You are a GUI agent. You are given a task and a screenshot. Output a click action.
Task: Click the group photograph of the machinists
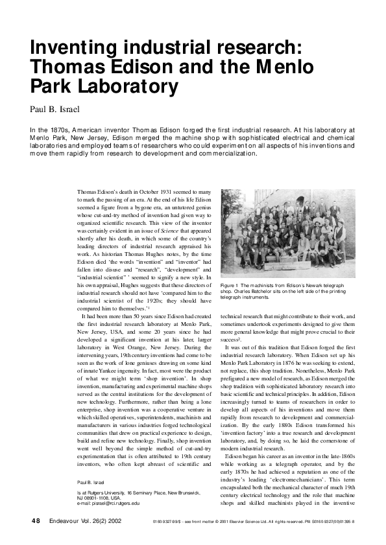288,233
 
